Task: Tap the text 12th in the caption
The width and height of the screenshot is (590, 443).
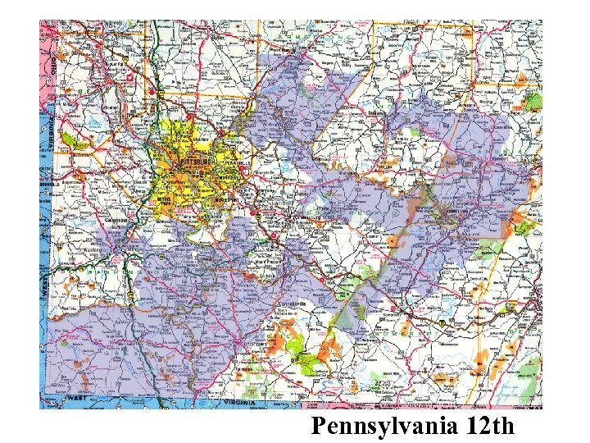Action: click(488, 427)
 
